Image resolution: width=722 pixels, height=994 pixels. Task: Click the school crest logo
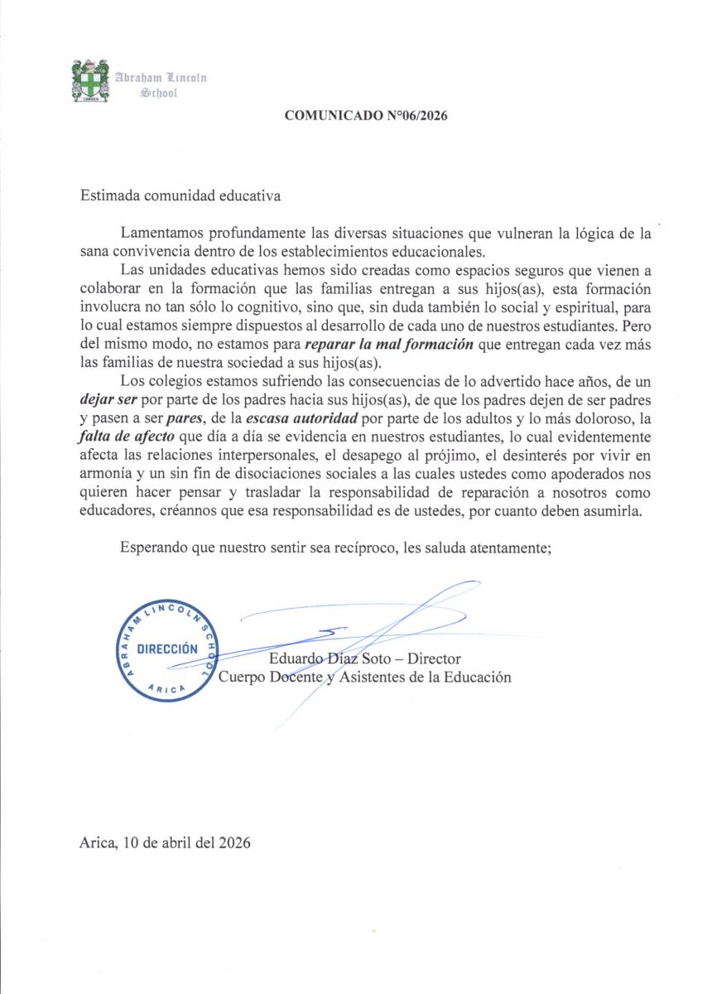[x=90, y=80]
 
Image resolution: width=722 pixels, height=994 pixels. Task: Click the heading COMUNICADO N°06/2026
[x=366, y=116]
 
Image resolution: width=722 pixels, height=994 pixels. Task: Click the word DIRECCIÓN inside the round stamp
[x=166, y=649]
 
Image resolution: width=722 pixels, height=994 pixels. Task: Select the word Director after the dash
[x=434, y=659]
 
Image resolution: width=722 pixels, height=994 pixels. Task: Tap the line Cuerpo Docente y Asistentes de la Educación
[x=364, y=678]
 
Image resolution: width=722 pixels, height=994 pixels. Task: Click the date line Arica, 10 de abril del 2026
[x=165, y=843]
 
